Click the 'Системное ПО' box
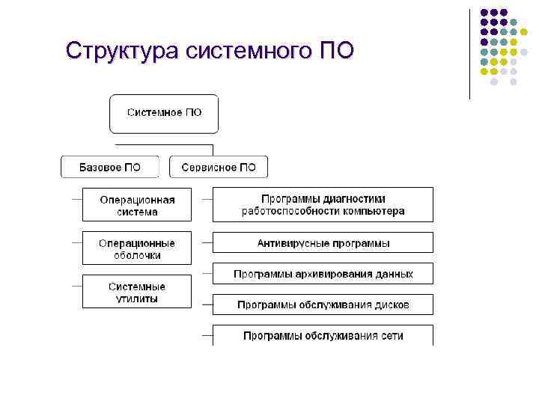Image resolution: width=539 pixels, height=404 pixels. [x=164, y=114]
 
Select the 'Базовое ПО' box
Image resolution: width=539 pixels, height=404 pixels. [x=109, y=167]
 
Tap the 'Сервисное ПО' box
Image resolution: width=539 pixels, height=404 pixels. [x=218, y=167]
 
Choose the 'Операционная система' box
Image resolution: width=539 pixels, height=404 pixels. [x=137, y=205]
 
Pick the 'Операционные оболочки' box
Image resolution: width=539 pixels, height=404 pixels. [x=137, y=248]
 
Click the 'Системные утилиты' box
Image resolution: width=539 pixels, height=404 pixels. [x=137, y=292]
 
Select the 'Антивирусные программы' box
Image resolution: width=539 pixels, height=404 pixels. [x=323, y=243]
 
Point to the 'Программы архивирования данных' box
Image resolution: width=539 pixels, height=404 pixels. [x=323, y=274]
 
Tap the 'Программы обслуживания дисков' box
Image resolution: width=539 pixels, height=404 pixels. [x=323, y=304]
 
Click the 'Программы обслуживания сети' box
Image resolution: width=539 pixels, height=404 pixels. [x=323, y=335]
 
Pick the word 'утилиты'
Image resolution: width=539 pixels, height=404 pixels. [x=137, y=299]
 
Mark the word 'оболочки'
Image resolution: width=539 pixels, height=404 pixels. [x=137, y=255]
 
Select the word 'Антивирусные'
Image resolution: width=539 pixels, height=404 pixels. [x=289, y=243]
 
